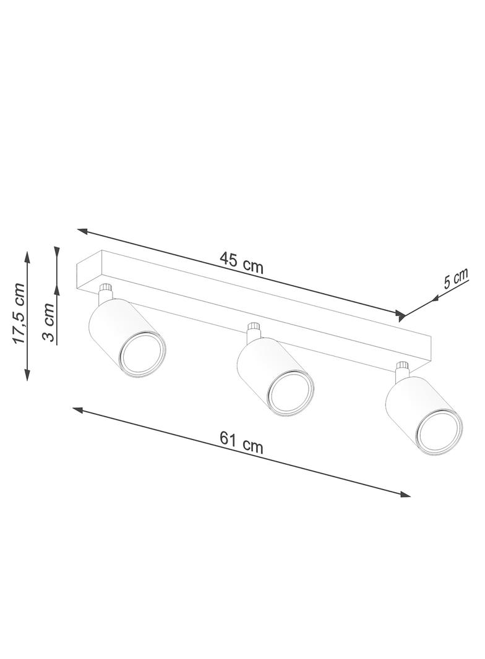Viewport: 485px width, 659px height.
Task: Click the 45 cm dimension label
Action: (x=241, y=262)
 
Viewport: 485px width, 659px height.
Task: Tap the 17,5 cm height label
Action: (x=18, y=313)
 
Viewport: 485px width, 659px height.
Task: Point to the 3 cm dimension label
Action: (x=48, y=322)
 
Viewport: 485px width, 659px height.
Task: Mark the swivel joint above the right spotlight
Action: (x=403, y=368)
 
